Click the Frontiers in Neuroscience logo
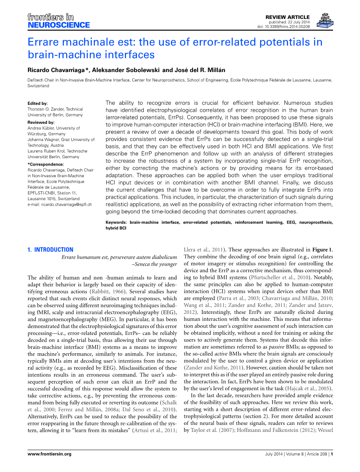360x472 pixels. (58, 21)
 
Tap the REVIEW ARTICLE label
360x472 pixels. (287, 17)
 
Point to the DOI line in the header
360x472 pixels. (283, 27)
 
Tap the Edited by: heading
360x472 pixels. (38, 104)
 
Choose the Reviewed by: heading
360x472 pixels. (40, 122)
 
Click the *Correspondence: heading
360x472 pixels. (44, 164)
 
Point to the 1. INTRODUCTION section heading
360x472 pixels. (50, 250)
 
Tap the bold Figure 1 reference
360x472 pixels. (321, 250)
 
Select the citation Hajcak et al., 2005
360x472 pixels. (307, 389)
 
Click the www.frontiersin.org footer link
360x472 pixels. (49, 454)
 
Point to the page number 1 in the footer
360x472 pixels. (332, 454)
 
